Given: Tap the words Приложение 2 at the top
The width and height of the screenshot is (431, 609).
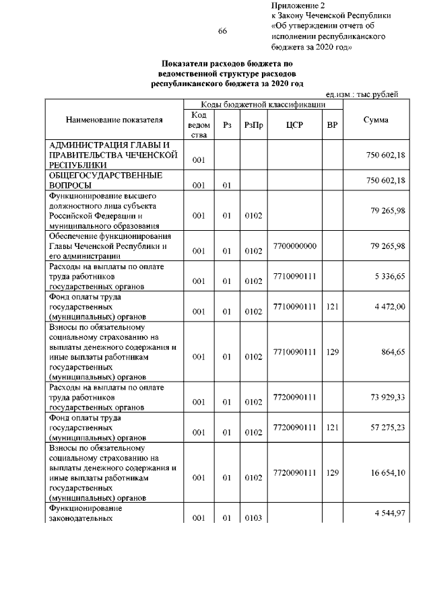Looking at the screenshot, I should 294,5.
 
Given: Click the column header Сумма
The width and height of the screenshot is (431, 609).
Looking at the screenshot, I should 375,120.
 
